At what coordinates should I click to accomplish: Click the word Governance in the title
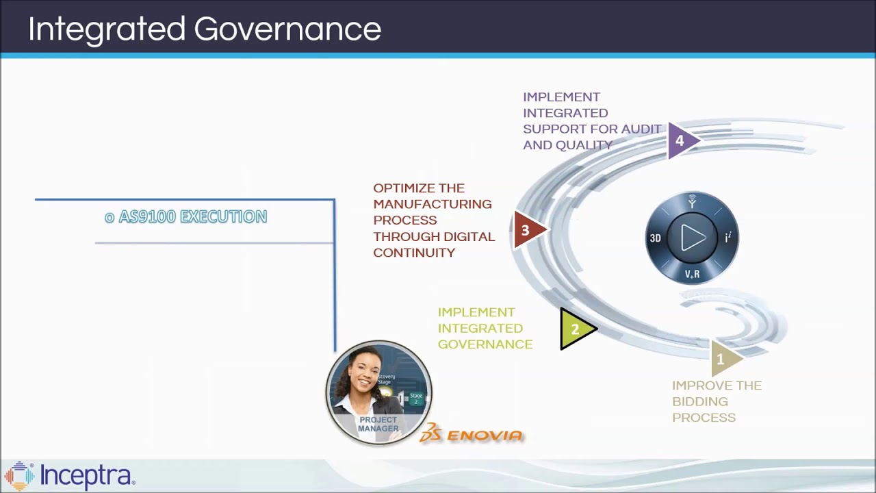click(x=287, y=30)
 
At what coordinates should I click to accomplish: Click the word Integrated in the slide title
click(x=107, y=30)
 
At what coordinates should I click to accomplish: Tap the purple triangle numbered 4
click(x=680, y=141)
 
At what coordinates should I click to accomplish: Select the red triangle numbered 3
click(x=526, y=230)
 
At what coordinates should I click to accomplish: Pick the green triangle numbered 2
click(x=575, y=329)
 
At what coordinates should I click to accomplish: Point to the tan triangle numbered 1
click(x=721, y=359)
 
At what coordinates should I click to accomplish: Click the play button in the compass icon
click(x=693, y=238)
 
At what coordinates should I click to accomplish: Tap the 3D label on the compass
click(x=655, y=238)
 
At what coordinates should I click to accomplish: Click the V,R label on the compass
click(x=692, y=274)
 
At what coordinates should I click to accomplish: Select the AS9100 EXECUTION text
click(x=185, y=217)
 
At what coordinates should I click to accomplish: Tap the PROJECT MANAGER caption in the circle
click(x=378, y=425)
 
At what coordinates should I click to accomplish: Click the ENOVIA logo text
click(x=485, y=435)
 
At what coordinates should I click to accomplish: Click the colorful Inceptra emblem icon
click(x=19, y=476)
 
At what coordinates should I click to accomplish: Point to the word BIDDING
click(x=699, y=402)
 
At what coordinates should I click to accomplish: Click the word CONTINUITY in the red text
click(x=413, y=253)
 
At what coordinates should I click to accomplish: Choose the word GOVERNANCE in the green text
click(x=485, y=344)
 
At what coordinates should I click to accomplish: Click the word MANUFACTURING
click(x=432, y=204)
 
